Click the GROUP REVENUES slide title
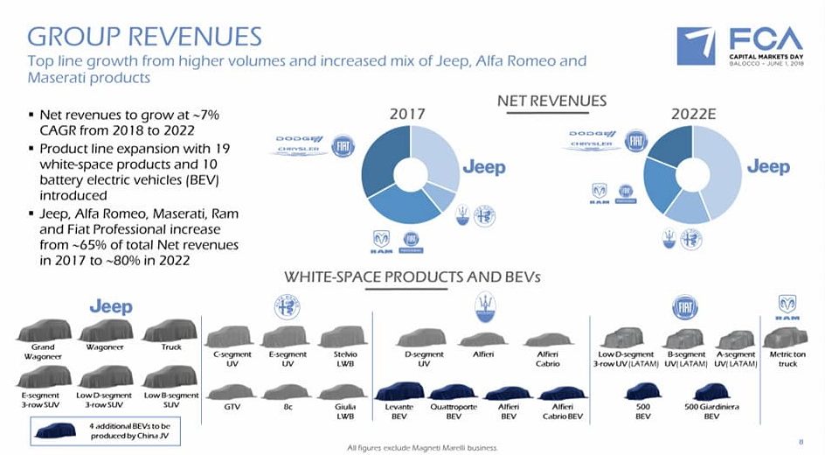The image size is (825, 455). click(x=144, y=37)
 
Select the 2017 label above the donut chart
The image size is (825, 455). click(x=406, y=115)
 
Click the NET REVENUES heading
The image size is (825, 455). click(x=551, y=101)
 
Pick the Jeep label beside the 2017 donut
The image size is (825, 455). click(x=483, y=167)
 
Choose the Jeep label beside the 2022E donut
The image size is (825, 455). click(x=767, y=166)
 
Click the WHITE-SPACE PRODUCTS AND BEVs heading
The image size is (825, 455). click(x=412, y=277)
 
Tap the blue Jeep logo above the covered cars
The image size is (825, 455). click(x=111, y=306)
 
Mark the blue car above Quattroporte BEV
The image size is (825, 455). click(x=453, y=393)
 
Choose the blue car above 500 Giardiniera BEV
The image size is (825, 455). click(x=711, y=393)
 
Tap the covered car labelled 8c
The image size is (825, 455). click(x=287, y=392)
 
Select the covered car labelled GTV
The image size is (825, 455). click(x=232, y=392)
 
